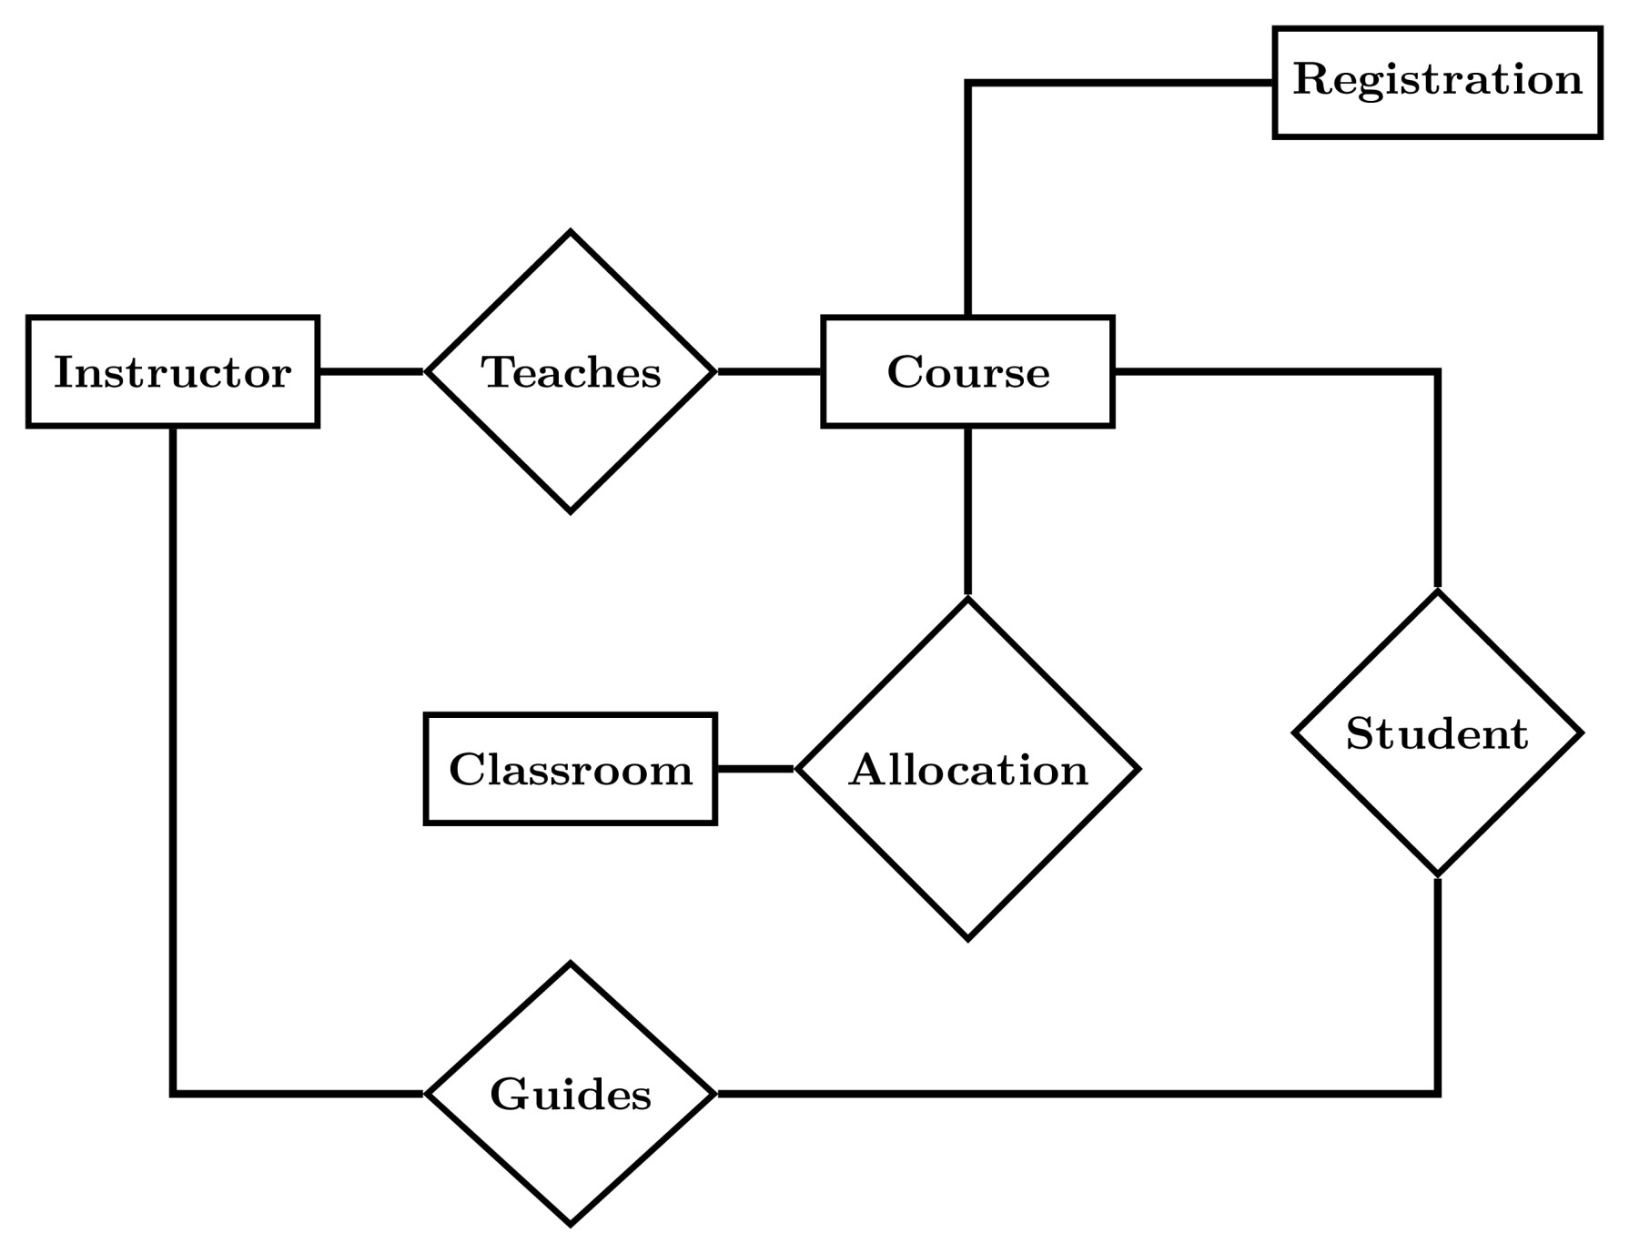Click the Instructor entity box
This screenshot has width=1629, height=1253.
(x=173, y=371)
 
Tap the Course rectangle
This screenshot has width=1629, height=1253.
(x=967, y=371)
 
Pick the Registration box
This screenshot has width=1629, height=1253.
(x=1437, y=82)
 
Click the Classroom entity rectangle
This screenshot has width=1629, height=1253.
(x=571, y=769)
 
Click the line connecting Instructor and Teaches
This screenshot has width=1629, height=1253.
(x=371, y=371)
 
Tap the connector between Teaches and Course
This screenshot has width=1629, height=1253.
(x=769, y=371)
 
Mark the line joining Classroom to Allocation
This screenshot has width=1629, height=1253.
(x=755, y=769)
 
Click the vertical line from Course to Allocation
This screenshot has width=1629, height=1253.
(x=967, y=510)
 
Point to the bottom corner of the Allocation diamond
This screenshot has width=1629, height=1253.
(x=967, y=937)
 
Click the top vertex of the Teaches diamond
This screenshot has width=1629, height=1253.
(x=571, y=233)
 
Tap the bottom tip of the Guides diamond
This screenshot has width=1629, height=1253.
(x=571, y=1223)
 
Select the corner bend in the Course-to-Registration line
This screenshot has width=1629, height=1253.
(x=968, y=84)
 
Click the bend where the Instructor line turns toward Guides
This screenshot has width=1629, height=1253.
(x=173, y=1093)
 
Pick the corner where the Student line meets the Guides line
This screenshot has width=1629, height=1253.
(x=1437, y=1093)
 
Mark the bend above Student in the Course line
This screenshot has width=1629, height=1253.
(x=1437, y=371)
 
